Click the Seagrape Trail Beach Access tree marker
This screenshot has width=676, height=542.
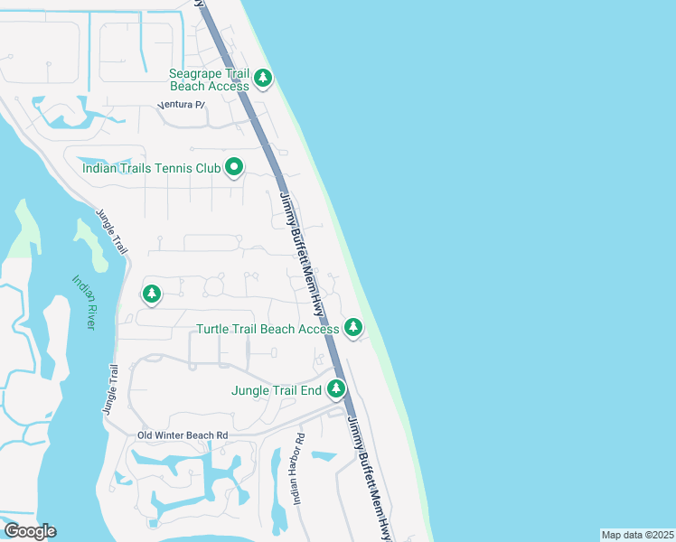[263, 78]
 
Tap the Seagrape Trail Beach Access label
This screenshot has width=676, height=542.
[210, 79]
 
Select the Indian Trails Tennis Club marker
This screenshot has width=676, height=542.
[234, 166]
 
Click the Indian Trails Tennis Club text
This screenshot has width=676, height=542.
[151, 167]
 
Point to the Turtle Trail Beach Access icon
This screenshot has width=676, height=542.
[352, 328]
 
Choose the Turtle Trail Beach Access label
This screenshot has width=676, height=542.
[268, 329]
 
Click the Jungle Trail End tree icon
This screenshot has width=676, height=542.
[336, 389]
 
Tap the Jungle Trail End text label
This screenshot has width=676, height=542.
[277, 390]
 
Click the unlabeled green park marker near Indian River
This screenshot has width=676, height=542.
[152, 294]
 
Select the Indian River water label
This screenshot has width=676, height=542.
[84, 302]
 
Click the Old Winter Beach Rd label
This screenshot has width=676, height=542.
[183, 435]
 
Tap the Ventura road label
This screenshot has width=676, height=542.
[182, 106]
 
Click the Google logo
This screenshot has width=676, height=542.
[30, 531]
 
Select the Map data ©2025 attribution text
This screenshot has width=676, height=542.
[637, 535]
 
